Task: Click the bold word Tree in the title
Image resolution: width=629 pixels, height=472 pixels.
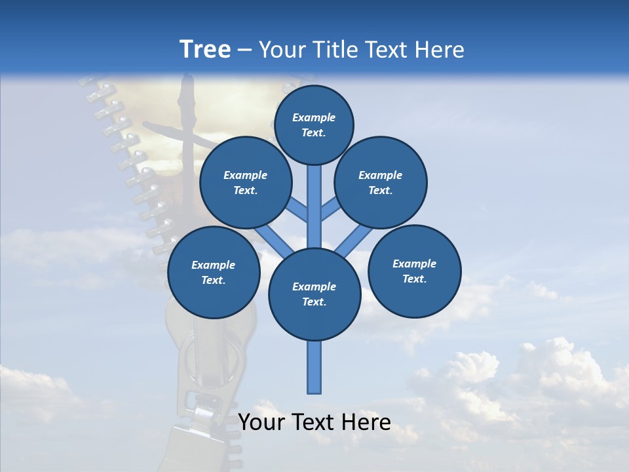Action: (x=205, y=49)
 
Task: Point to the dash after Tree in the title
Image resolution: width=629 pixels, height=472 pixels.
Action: (x=245, y=50)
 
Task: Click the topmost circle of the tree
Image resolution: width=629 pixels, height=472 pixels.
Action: (x=314, y=125)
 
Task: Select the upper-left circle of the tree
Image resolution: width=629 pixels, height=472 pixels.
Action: (x=245, y=183)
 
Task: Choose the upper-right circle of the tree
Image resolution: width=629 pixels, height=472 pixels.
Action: (x=380, y=183)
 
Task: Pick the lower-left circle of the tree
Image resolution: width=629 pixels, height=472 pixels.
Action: (x=213, y=273)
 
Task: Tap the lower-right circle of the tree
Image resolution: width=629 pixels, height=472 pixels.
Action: (x=414, y=271)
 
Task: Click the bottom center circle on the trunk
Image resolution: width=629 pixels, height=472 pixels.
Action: (x=314, y=294)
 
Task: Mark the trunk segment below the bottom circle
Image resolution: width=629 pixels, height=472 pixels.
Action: (x=314, y=367)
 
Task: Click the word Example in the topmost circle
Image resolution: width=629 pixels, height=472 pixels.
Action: (x=314, y=117)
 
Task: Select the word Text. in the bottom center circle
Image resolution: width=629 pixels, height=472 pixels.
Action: (x=314, y=302)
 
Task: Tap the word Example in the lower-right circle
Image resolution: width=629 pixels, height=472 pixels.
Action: (x=414, y=264)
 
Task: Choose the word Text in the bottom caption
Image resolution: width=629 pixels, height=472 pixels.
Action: (x=314, y=422)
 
